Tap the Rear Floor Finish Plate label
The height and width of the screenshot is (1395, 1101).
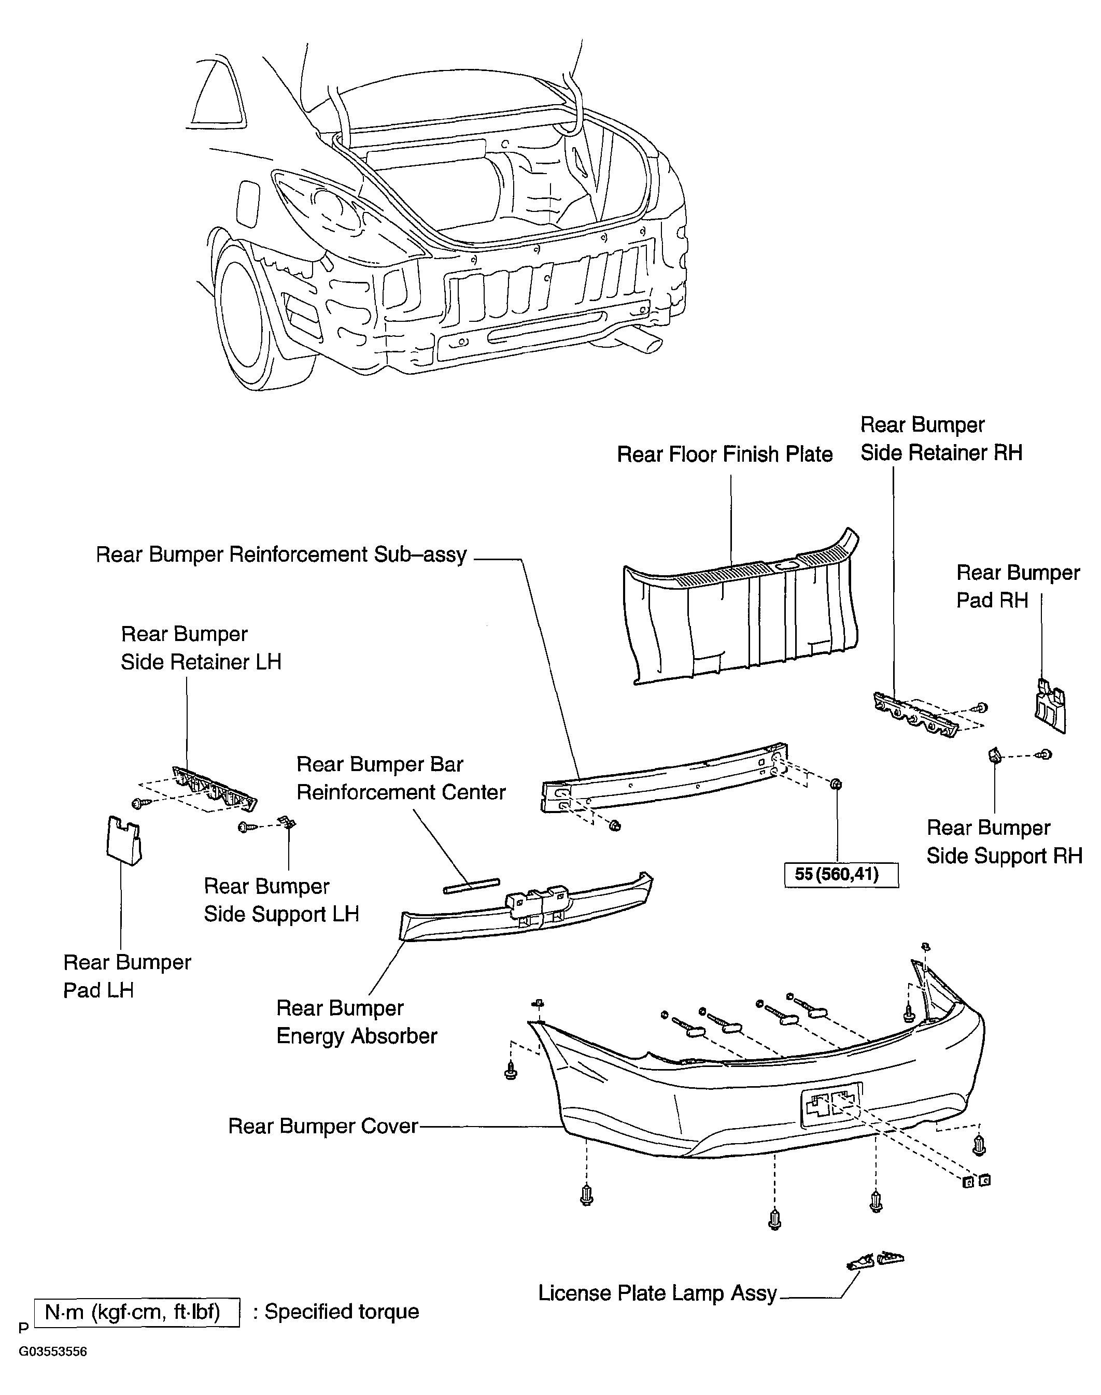click(725, 454)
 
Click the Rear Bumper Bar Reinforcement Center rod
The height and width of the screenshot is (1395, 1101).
click(471, 885)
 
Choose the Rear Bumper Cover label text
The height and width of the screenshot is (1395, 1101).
click(323, 1126)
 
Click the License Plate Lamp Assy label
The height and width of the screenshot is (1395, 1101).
click(657, 1293)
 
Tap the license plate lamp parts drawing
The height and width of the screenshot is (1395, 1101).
click(875, 1260)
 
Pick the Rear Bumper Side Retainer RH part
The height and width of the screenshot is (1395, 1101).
click(915, 714)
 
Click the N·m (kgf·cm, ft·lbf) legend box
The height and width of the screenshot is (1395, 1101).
click(136, 1312)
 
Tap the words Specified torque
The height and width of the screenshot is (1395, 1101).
click(342, 1312)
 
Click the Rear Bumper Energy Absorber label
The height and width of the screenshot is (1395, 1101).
click(357, 1022)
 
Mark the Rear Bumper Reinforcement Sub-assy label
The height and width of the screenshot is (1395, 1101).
click(281, 555)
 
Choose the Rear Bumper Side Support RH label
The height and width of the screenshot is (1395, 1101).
click(1004, 842)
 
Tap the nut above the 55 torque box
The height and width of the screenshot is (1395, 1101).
click(837, 784)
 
